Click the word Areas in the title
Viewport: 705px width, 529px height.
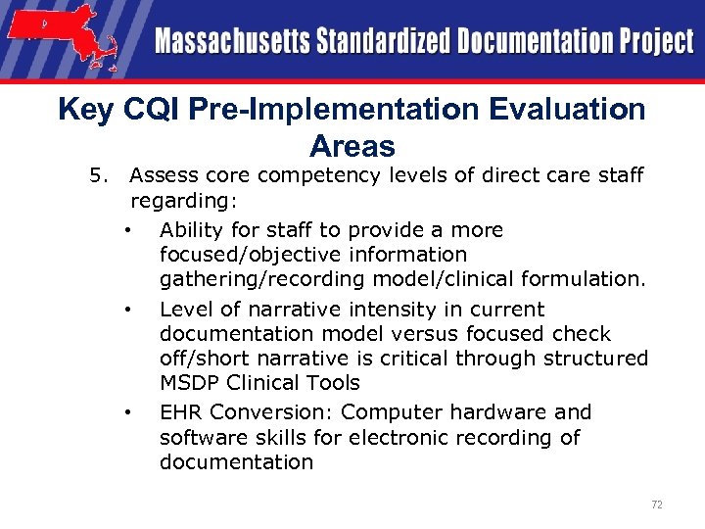coord(352,146)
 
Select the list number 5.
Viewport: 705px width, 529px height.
coord(96,176)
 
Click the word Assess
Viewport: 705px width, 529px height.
coord(162,176)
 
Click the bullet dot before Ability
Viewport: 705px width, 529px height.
coord(128,231)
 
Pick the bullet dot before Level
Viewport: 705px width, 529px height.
coord(128,310)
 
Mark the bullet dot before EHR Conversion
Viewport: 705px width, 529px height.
coord(128,412)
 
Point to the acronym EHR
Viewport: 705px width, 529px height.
coord(181,412)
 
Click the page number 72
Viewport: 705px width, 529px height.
coord(657,505)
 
